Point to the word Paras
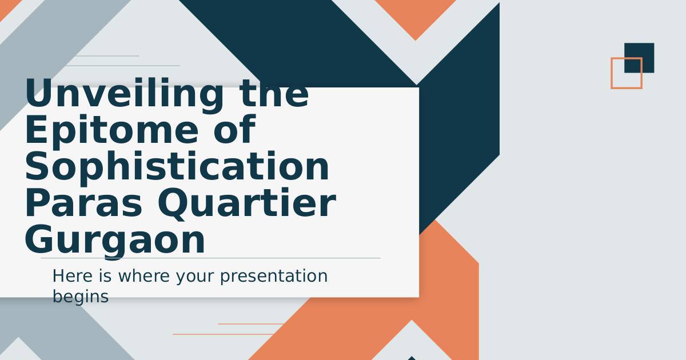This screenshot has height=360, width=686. (83, 203)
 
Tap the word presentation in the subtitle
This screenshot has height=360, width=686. (274, 277)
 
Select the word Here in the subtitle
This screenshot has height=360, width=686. (72, 276)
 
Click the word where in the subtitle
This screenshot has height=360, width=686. (144, 276)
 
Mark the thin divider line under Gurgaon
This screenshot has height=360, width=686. (211, 258)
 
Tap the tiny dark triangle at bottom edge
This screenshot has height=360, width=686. (412, 358)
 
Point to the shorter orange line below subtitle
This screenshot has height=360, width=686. (251, 323)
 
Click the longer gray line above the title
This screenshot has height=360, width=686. (123, 66)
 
